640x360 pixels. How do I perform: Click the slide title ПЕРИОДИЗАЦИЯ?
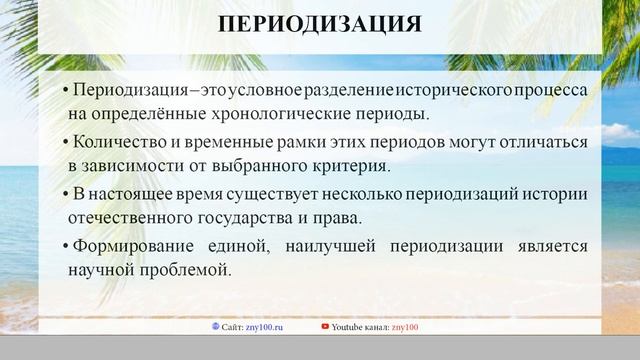320,24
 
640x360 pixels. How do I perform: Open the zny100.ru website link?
266,326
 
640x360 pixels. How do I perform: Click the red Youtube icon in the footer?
325,326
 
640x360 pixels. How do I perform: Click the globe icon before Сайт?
216,326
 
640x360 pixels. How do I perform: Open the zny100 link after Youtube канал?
406,326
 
